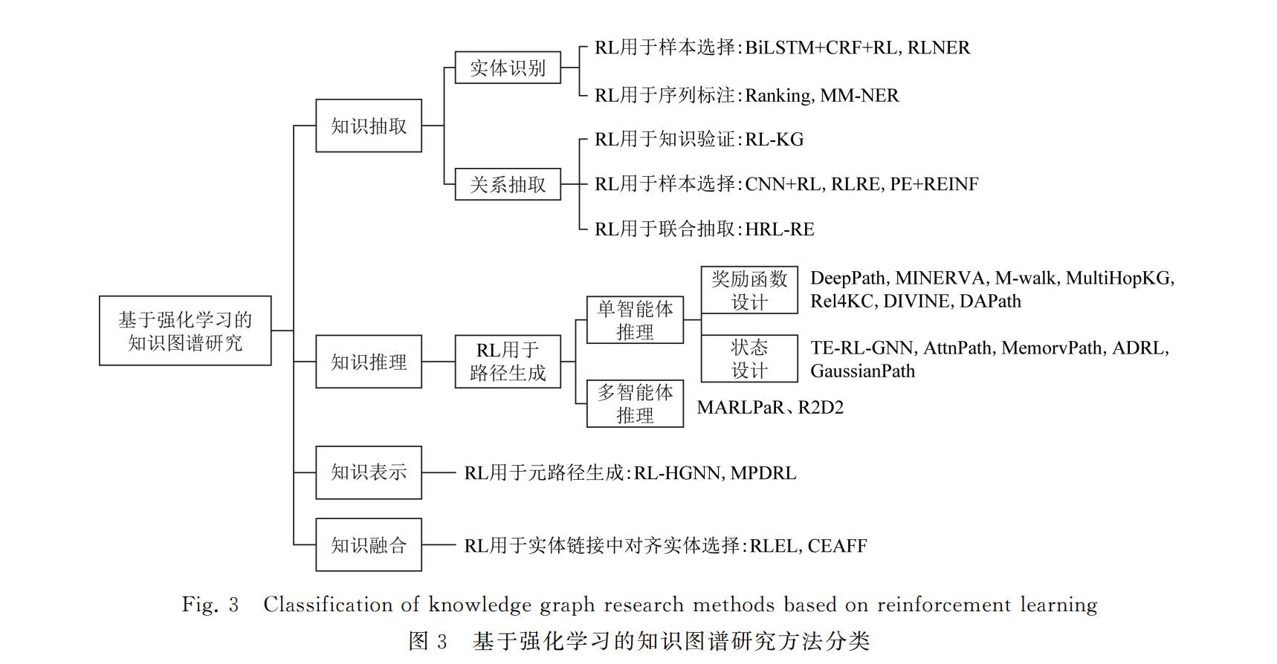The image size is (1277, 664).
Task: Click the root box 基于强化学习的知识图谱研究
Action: tap(185, 331)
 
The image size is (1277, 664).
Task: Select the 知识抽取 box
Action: tap(369, 126)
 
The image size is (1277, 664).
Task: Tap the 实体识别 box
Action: tap(508, 68)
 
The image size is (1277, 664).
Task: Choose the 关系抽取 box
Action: tap(508, 184)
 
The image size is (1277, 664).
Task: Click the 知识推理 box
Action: tap(369, 362)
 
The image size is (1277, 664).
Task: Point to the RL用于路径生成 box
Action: tap(508, 362)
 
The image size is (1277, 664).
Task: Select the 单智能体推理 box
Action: tap(635, 320)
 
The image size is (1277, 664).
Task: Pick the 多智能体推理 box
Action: tap(635, 403)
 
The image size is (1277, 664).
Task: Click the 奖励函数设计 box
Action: tap(749, 290)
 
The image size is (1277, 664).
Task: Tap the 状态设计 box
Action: tap(749, 359)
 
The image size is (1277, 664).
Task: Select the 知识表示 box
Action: tap(369, 472)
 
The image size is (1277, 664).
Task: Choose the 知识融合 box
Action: tap(369, 544)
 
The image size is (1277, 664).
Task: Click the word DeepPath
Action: tap(848, 279)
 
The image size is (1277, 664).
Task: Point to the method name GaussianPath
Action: tap(863, 371)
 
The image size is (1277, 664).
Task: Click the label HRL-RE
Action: tap(780, 230)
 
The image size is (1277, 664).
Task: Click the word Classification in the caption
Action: tap(331, 605)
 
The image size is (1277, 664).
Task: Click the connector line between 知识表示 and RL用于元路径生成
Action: tap(439, 472)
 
